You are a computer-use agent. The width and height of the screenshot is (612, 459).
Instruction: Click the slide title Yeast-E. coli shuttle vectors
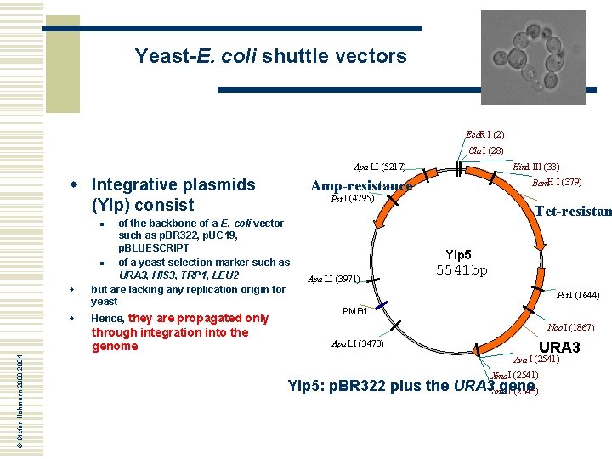pyautogui.click(x=270, y=57)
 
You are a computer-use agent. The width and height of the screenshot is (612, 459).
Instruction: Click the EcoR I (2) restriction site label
pyautogui.click(x=485, y=134)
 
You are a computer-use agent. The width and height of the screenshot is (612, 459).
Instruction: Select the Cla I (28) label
pyautogui.click(x=485, y=151)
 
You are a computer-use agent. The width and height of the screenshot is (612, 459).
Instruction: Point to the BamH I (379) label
pyautogui.click(x=556, y=182)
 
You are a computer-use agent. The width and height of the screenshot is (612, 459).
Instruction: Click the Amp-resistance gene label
pyautogui.click(x=361, y=186)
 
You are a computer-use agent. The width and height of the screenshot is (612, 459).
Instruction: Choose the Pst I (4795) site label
pyautogui.click(x=352, y=201)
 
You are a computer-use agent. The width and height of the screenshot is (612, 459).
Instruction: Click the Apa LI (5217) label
pyautogui.click(x=380, y=167)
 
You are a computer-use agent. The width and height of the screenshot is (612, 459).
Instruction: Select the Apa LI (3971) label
pyautogui.click(x=333, y=279)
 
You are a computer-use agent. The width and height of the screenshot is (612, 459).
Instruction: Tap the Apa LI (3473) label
pyautogui.click(x=358, y=343)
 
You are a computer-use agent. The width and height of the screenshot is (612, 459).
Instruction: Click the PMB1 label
pyautogui.click(x=354, y=312)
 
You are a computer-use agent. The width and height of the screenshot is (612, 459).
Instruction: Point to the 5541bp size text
pyautogui.click(x=462, y=271)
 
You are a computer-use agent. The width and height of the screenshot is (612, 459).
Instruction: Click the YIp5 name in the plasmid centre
pyautogui.click(x=459, y=254)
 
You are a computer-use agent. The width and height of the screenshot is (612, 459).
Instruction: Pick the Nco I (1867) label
pyautogui.click(x=570, y=327)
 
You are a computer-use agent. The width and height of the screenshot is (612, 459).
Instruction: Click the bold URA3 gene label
pyautogui.click(x=559, y=348)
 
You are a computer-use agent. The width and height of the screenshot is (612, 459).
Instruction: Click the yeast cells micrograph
pyautogui.click(x=533, y=56)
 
